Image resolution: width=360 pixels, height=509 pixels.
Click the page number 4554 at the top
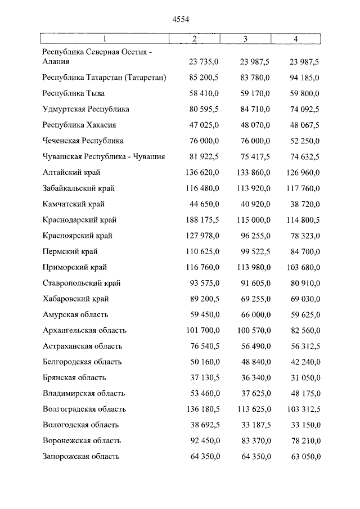[x=181, y=19]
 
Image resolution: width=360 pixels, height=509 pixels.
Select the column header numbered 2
[x=194, y=39]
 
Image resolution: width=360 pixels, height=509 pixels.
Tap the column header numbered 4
[x=296, y=39]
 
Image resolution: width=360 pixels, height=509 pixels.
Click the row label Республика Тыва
[x=74, y=93]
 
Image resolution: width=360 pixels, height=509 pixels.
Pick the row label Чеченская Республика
[x=83, y=141]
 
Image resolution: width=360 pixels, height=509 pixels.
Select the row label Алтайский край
[x=71, y=172]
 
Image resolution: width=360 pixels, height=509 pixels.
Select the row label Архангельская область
[x=84, y=330]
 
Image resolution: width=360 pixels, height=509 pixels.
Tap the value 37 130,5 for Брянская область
[x=202, y=378]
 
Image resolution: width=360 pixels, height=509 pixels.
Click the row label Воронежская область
[x=82, y=441]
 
